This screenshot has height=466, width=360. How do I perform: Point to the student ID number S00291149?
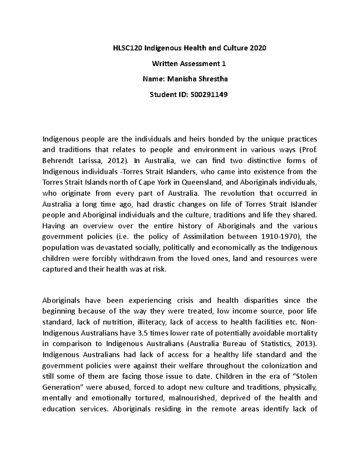[207, 95]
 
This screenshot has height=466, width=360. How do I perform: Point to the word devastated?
[112, 248]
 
